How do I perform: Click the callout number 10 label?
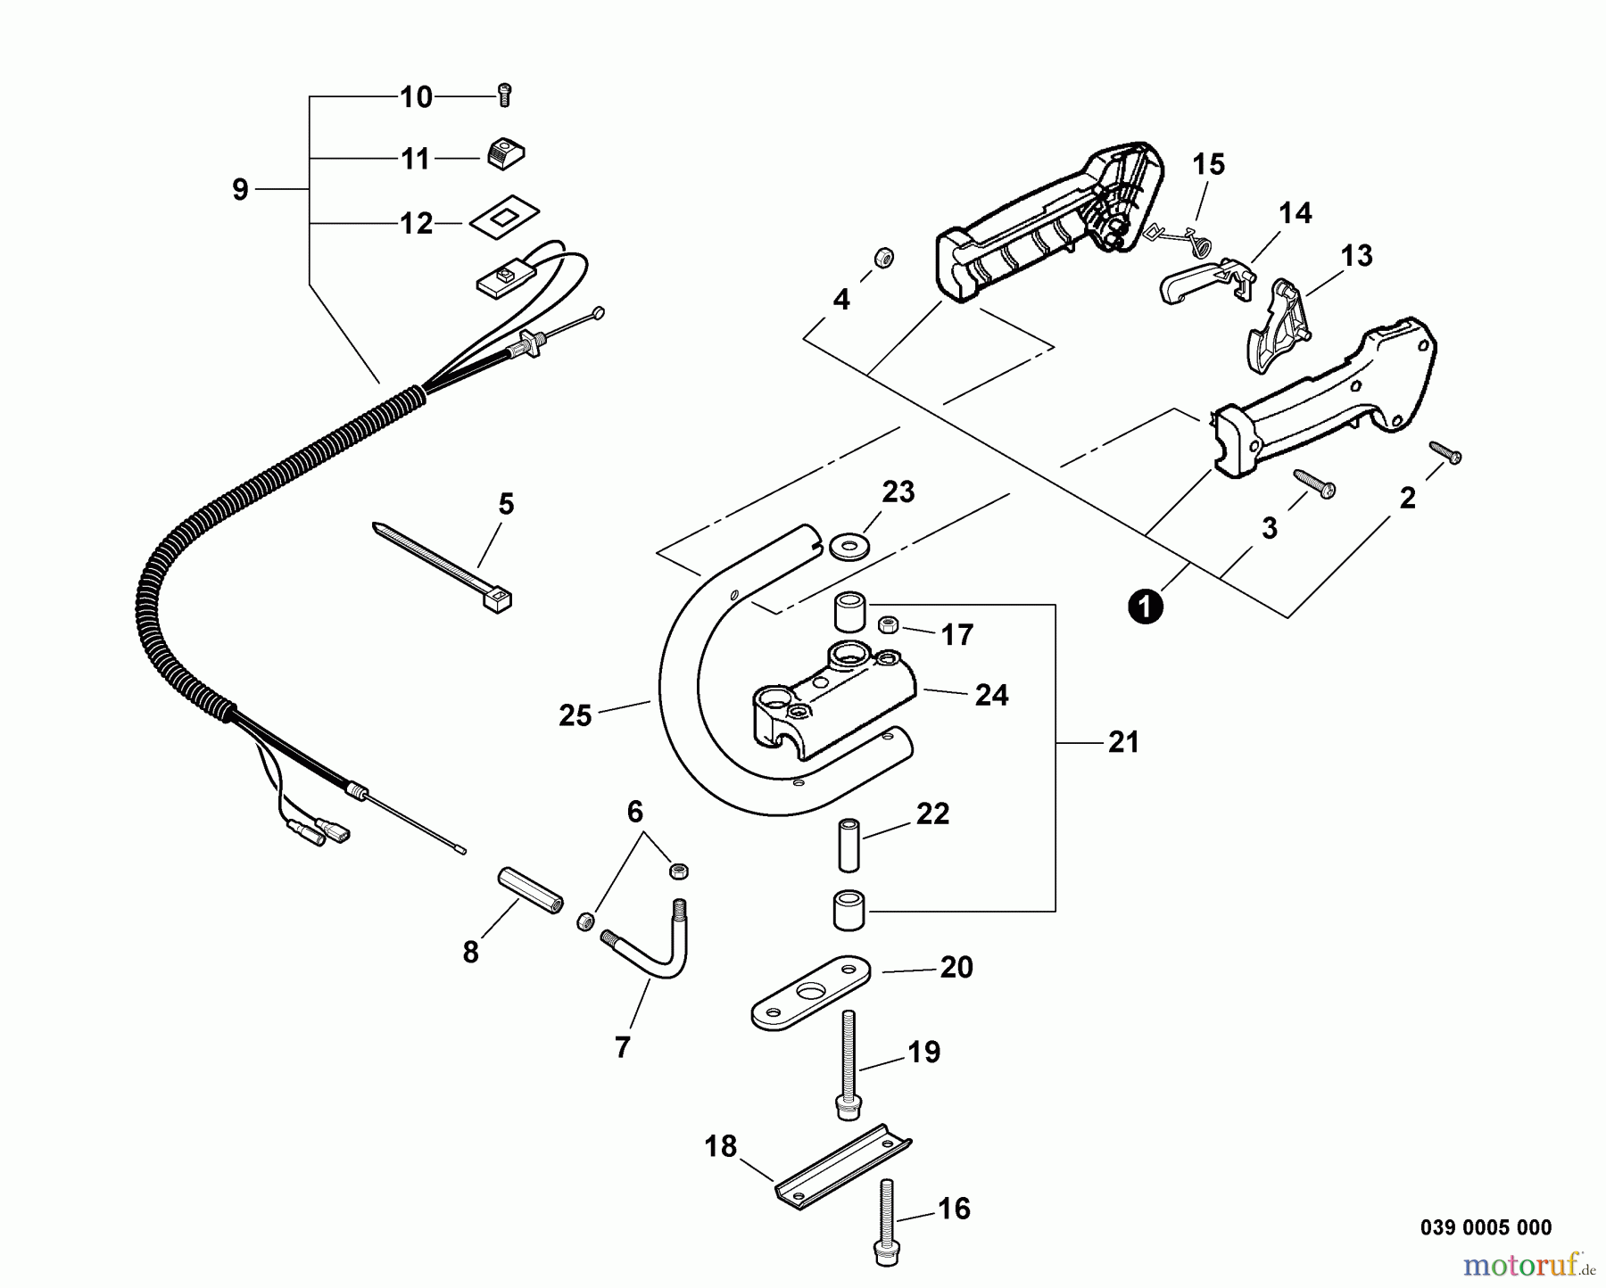pos(416,96)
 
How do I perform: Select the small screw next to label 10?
pos(504,94)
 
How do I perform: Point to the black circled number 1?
pos(1146,607)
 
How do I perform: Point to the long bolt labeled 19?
pos(847,1064)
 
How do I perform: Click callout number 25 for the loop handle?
pos(575,715)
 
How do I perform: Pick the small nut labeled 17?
pos(889,625)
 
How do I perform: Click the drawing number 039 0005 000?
pos(1486,1227)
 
